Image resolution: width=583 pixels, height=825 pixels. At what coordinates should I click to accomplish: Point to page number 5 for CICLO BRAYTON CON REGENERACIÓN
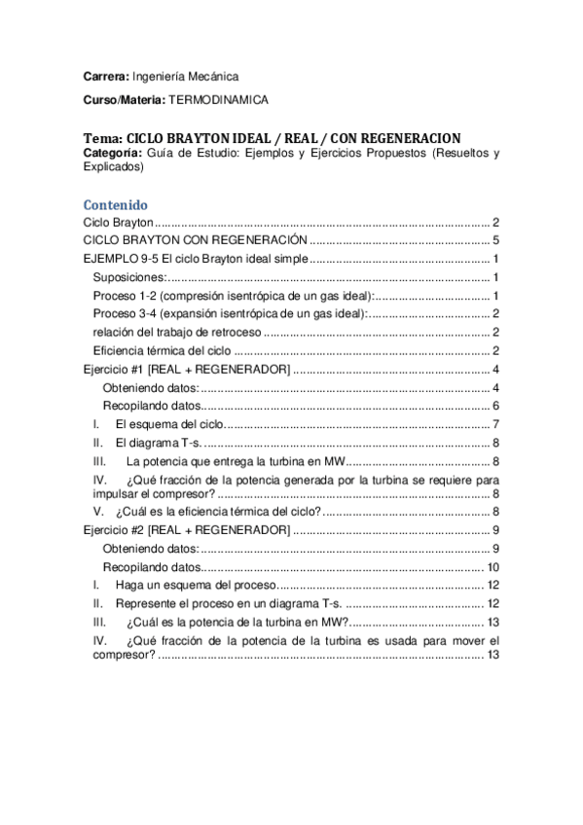tap(495, 240)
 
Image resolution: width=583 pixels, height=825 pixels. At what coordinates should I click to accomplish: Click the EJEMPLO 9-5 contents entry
tap(195, 259)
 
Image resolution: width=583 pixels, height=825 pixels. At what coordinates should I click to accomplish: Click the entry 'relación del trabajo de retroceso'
tap(176, 332)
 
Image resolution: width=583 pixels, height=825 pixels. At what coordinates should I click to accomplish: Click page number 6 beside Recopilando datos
tap(495, 406)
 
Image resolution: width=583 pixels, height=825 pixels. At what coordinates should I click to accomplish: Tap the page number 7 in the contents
tap(495, 424)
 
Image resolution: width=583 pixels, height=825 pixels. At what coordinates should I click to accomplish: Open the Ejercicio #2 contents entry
tap(185, 529)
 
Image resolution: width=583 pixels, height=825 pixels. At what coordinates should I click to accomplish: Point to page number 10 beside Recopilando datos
tap(492, 567)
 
